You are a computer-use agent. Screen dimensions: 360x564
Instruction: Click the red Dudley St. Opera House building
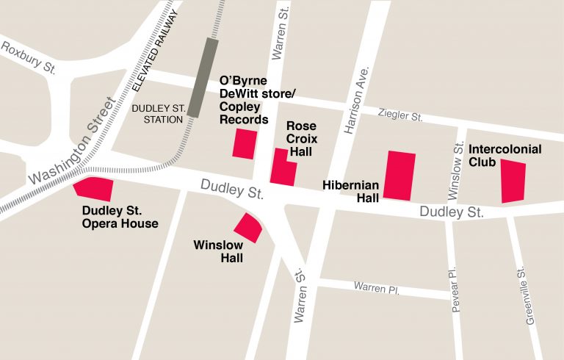coord(95,189)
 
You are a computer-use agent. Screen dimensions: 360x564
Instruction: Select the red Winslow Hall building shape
coord(249,227)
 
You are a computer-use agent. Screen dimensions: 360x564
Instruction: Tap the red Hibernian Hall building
coord(400,175)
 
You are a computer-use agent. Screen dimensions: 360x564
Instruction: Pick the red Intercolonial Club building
coord(513,181)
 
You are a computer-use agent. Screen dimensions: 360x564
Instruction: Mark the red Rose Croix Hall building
coord(283,168)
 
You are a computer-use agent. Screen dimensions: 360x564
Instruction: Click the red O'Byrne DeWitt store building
coord(245,143)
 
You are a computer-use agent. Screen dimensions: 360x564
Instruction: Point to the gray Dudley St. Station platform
coord(202,77)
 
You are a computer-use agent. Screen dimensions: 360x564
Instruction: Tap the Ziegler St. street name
coord(401,115)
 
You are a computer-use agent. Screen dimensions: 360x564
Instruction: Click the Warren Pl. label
coord(376,287)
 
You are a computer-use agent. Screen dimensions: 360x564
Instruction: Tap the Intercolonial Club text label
coord(505,155)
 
